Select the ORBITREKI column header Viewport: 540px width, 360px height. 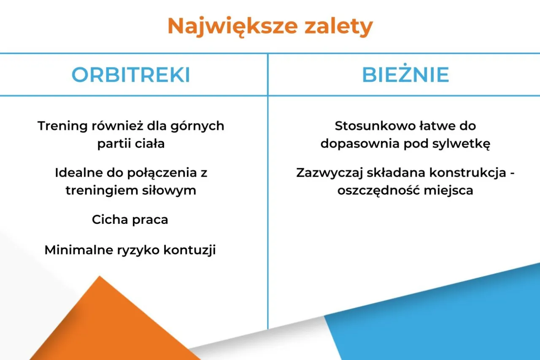click(131, 75)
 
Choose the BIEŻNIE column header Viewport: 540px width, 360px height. click(405, 75)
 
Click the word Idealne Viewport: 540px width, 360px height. click(80, 173)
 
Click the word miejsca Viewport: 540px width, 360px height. click(448, 191)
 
